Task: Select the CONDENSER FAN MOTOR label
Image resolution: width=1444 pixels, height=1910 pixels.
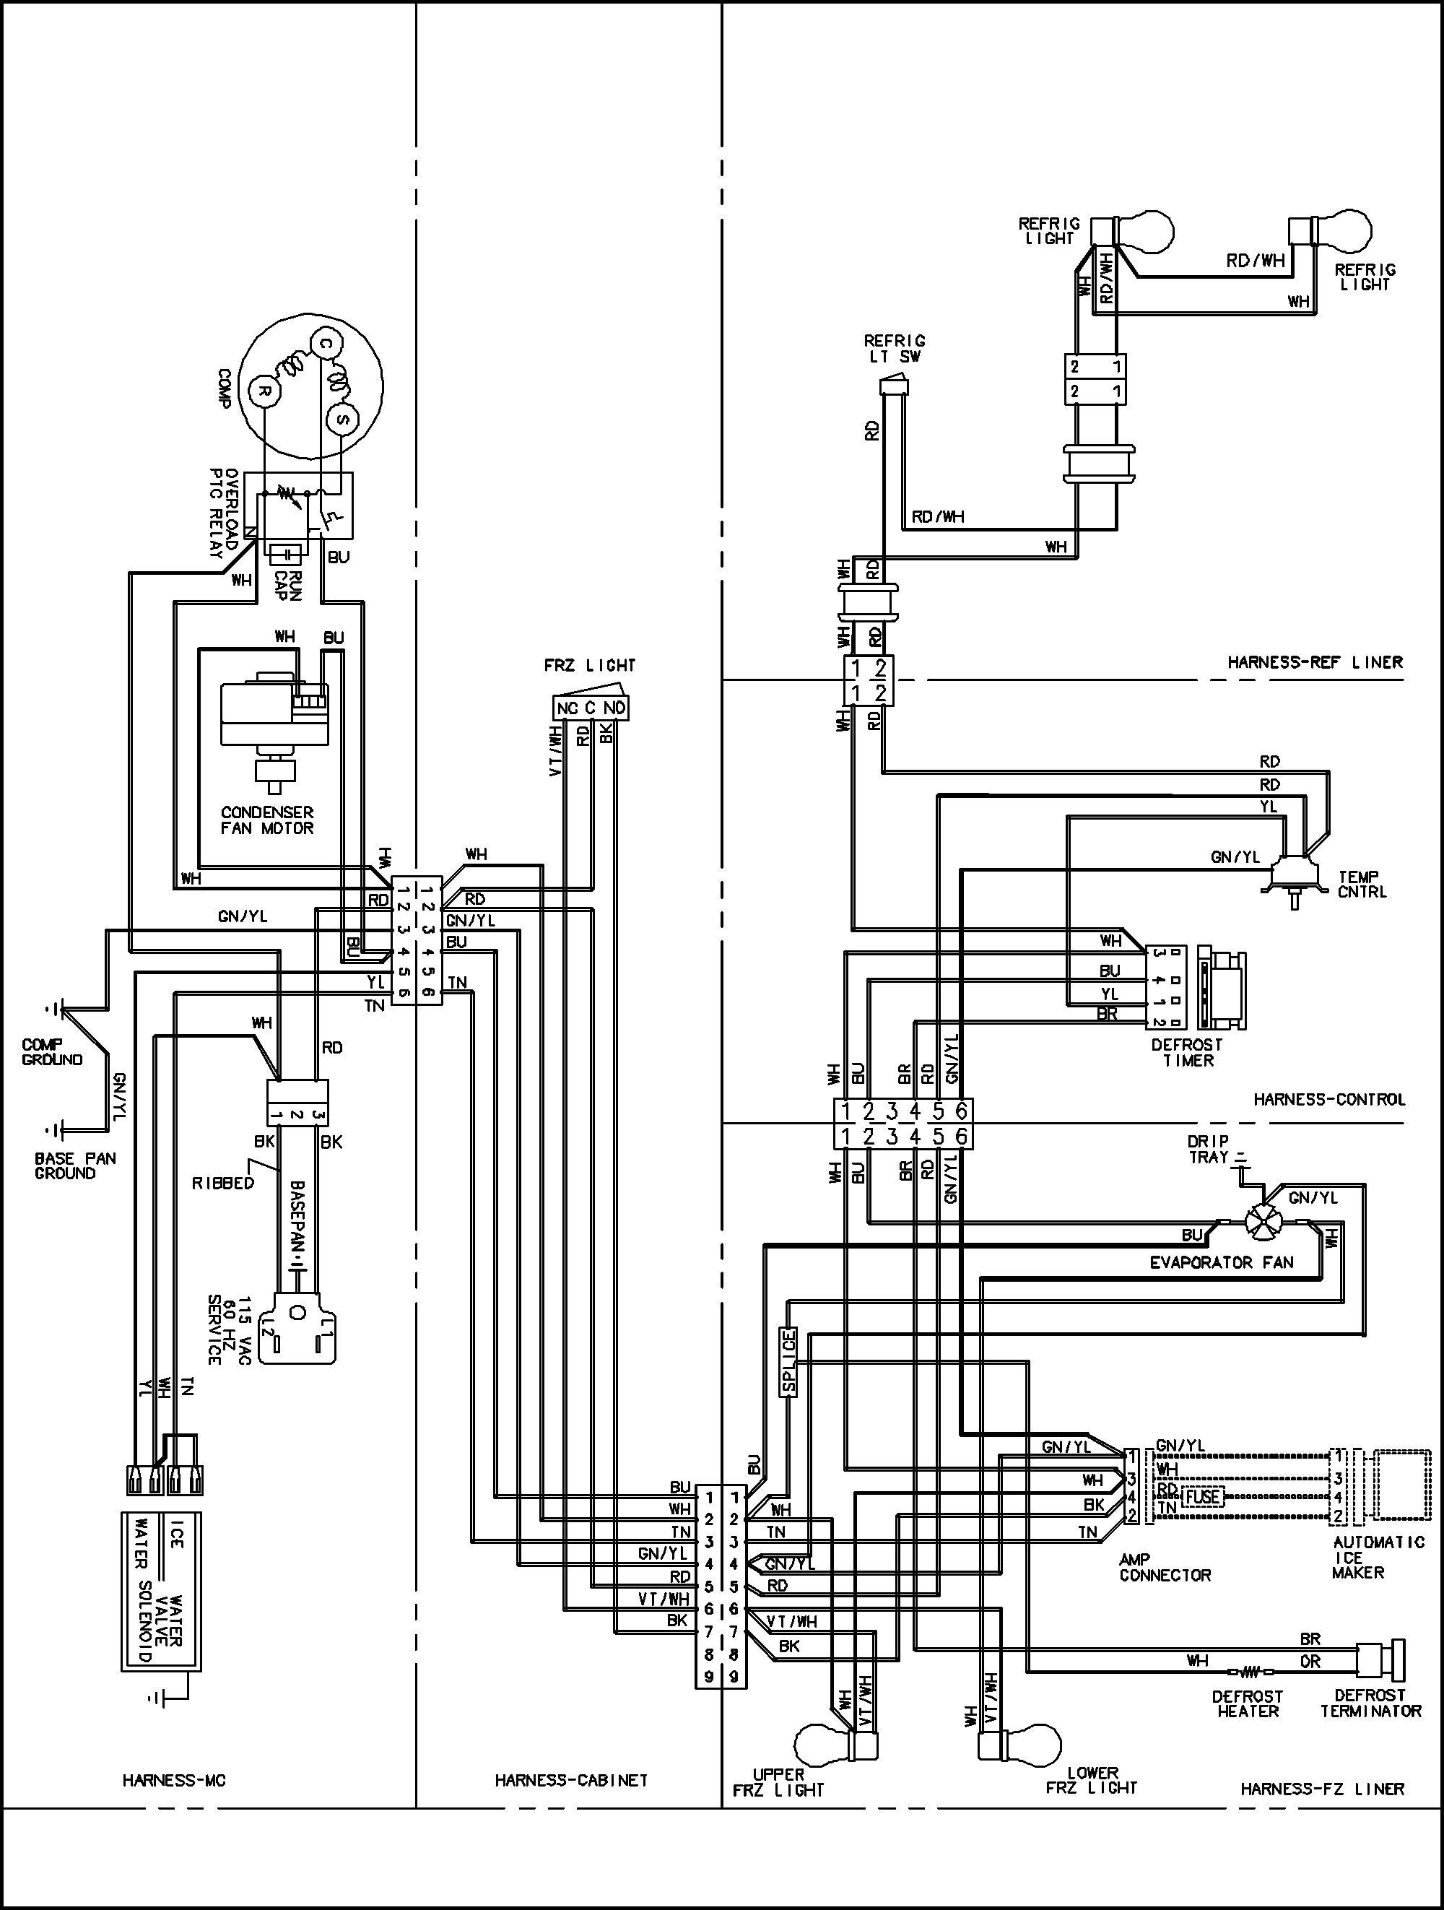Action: tap(268, 820)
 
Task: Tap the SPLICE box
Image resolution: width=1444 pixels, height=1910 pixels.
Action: tap(788, 1362)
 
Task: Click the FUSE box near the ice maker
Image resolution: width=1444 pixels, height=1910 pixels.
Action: tap(1202, 1496)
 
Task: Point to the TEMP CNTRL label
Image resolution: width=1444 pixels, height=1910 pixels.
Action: tap(1362, 884)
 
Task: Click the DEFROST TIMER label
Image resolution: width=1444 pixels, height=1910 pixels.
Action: tap(1188, 1053)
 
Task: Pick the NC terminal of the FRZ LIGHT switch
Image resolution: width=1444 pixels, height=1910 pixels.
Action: tap(566, 708)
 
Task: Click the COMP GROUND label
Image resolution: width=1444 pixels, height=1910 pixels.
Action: tap(53, 1051)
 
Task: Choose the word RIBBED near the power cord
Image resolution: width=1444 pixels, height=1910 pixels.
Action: tap(222, 1183)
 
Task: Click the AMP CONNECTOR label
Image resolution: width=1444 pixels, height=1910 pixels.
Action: tap(1165, 1567)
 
